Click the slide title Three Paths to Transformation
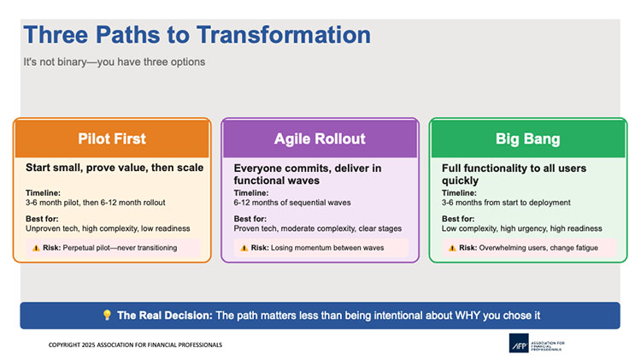197,35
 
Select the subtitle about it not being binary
115,62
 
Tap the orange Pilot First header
111,139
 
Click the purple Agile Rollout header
320,139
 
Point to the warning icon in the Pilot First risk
35,247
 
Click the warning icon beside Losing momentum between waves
244,248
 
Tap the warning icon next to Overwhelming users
452,248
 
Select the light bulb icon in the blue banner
106,316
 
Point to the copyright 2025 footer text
135,345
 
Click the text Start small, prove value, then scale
114,168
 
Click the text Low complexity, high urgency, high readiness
521,228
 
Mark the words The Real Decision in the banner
164,316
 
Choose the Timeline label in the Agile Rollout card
251,193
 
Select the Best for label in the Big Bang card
459,219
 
